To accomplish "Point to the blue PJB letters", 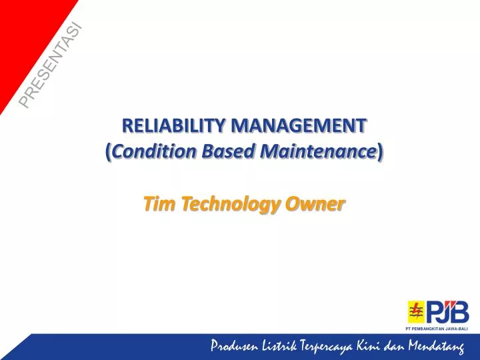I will click(447, 311).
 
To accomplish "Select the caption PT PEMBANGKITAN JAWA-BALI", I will click(437, 329).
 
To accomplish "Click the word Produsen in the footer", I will click(235, 345).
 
